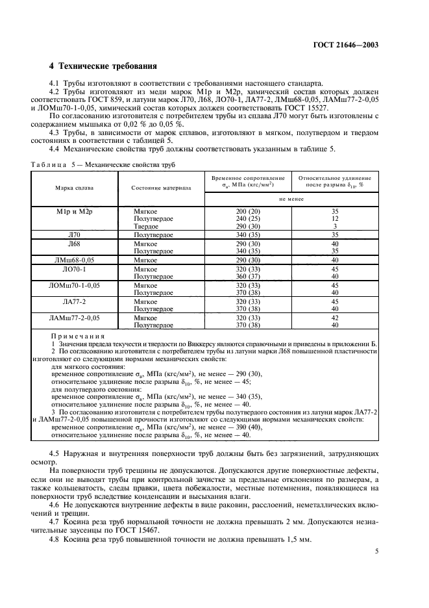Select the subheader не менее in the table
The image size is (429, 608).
coord(291,200)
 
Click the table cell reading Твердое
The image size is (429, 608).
coord(145,226)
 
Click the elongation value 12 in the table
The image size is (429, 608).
coord(335,219)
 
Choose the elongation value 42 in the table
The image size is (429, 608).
coord(335,318)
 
